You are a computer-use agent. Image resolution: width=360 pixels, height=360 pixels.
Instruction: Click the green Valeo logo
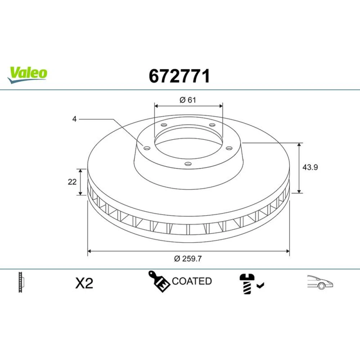pos(27,75)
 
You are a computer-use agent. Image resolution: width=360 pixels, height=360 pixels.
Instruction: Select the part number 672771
pos(179,76)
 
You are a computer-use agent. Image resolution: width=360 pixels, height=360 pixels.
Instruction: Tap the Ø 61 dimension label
pos(188,100)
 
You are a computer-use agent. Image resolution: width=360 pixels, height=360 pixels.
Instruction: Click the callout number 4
pos(75,119)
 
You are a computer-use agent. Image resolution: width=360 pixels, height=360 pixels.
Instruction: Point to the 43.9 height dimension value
pos(310,167)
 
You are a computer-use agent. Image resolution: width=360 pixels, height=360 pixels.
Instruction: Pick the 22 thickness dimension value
pos(72,182)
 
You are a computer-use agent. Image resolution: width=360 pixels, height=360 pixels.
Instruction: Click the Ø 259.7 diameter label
pos(188,259)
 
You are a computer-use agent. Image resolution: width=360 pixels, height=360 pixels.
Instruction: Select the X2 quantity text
pos(84,283)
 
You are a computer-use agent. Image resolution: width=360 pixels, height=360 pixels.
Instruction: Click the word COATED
pos(192,281)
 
